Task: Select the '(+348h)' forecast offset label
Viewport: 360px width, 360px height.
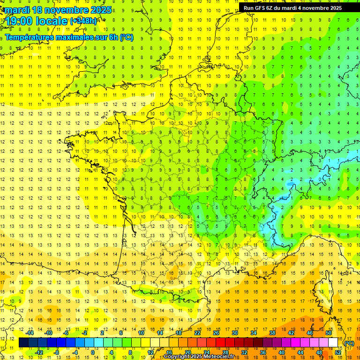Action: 83,21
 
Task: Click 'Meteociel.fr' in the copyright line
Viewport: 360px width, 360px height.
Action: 222,357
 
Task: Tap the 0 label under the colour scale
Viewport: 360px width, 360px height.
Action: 92,352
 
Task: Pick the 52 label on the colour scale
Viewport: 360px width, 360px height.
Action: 338,352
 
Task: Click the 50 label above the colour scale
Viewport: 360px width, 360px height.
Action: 329,333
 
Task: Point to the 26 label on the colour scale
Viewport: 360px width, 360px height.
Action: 216,333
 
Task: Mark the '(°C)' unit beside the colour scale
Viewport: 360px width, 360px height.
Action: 349,343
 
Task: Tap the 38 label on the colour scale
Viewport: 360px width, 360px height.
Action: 272,333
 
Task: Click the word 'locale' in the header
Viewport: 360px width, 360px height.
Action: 52,21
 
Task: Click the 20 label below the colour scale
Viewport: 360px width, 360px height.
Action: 187,352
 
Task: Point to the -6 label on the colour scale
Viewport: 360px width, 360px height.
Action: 66,333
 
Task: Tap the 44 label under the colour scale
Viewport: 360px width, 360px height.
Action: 300,352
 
